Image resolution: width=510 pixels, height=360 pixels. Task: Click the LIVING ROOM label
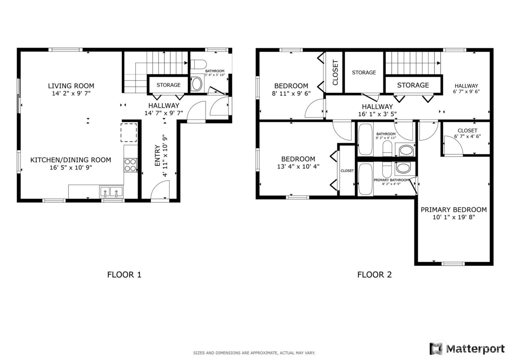(71, 86)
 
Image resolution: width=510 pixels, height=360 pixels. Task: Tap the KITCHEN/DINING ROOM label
(71, 160)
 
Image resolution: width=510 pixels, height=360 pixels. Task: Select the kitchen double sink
(111, 191)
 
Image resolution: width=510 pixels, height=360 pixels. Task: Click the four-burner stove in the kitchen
(130, 165)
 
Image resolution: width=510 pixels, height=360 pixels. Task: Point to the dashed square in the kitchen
(129, 132)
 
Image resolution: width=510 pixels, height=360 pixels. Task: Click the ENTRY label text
(157, 156)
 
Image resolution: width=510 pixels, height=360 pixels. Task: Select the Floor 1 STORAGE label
(168, 85)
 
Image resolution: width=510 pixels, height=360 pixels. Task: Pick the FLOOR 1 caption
(124, 274)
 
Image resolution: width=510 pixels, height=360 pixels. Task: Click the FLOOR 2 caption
(374, 274)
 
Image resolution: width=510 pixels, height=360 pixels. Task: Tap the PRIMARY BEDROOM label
(454, 210)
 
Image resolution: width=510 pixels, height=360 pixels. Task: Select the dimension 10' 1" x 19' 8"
(454, 217)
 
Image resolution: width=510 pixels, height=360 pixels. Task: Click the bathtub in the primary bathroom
(365, 179)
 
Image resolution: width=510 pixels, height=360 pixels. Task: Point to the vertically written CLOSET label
(335, 72)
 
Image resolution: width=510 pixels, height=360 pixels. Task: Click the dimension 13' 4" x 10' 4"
(298, 167)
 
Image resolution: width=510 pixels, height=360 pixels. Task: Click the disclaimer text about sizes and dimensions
(254, 353)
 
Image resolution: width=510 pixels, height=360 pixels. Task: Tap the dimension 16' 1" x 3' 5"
(377, 114)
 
